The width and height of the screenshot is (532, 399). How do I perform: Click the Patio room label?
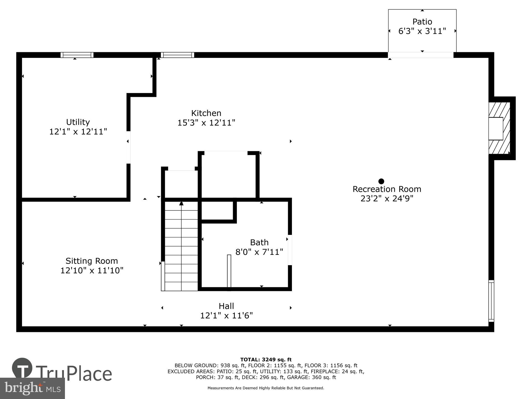coord(422,22)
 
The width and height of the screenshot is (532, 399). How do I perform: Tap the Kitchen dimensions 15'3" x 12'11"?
coord(206,123)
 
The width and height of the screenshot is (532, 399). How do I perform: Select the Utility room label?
coord(78,122)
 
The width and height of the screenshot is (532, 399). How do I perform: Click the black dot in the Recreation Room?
coord(381,181)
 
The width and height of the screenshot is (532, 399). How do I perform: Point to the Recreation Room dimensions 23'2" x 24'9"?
coord(387,198)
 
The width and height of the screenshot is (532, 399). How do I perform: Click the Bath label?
coord(259,242)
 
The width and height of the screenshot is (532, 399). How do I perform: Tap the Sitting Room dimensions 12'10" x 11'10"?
coord(92,270)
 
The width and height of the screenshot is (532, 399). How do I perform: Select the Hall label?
coord(226,306)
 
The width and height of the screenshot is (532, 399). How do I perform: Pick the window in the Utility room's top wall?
coord(77,55)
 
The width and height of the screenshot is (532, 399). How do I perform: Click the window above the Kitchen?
coord(177,55)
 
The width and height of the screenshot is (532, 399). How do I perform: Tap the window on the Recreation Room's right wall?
coord(491,301)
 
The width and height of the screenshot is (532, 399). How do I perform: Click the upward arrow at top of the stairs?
coord(181,203)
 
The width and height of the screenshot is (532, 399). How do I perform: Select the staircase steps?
coord(181,247)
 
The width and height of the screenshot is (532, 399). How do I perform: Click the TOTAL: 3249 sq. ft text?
coord(266,360)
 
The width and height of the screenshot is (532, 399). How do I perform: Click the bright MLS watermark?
coord(32,388)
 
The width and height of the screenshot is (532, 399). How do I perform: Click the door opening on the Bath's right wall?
coord(290,250)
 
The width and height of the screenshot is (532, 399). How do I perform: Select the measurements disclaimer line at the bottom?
coord(266,388)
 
